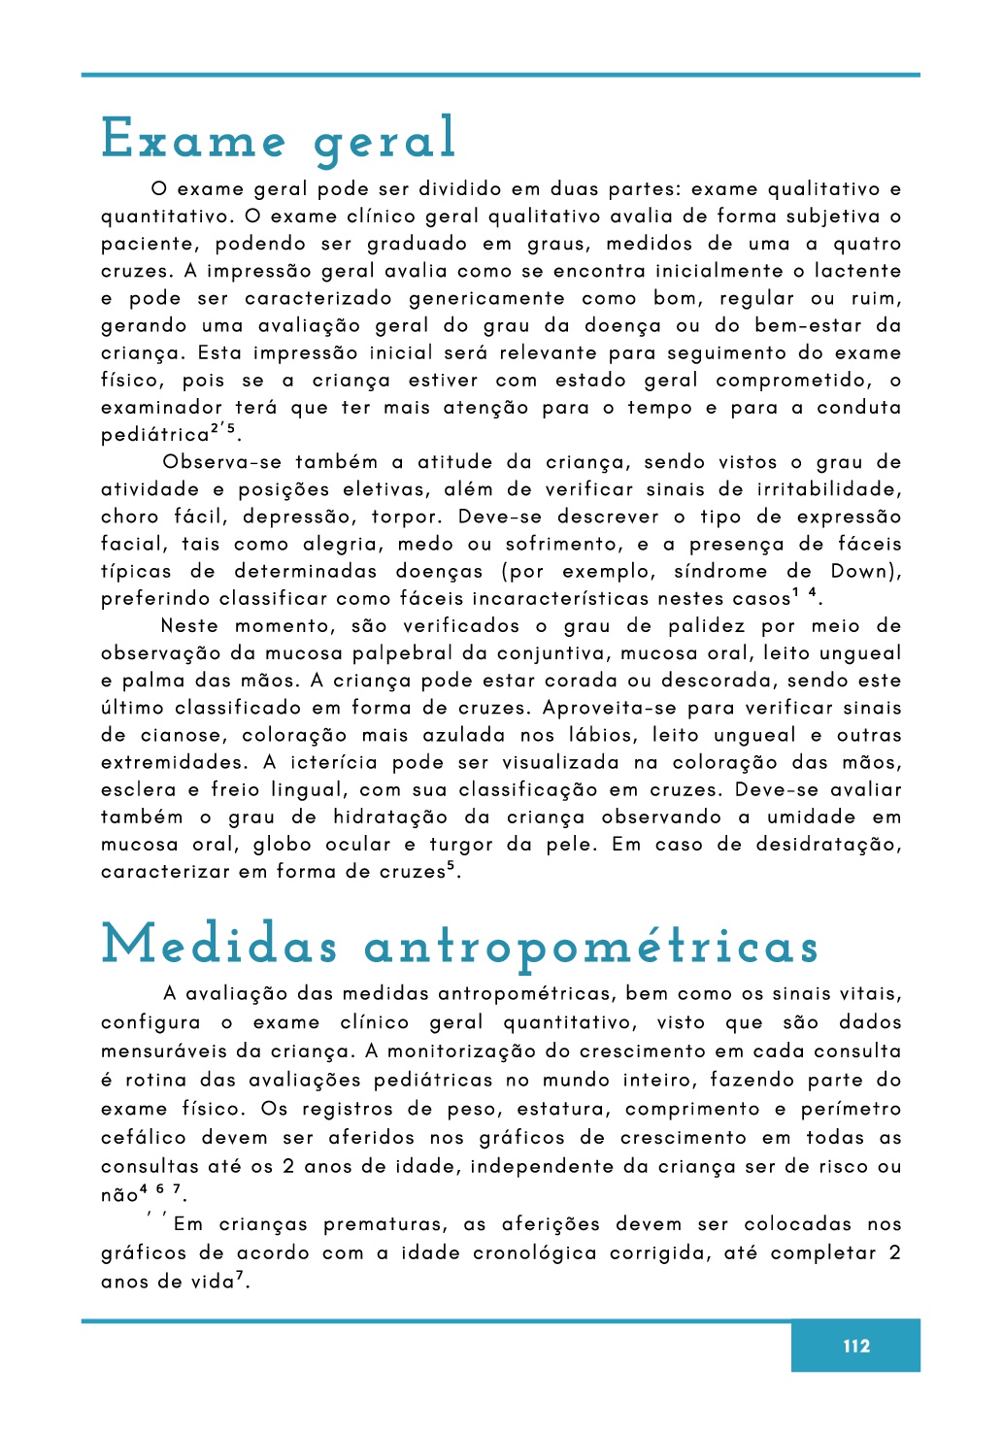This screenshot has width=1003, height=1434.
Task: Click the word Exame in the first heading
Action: click(193, 139)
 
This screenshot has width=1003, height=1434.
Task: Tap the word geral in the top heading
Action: click(384, 141)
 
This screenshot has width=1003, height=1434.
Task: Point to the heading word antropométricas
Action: click(591, 947)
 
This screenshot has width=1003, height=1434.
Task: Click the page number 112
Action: click(856, 1346)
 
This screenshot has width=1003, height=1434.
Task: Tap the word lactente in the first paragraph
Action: click(858, 271)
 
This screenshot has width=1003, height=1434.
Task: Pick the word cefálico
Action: click(144, 1137)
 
